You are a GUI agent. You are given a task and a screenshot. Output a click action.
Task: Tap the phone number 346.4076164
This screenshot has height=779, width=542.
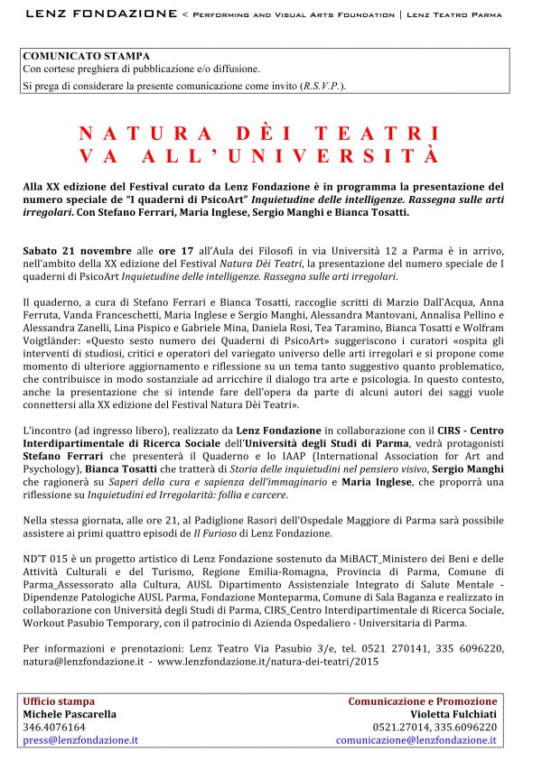coord(54,727)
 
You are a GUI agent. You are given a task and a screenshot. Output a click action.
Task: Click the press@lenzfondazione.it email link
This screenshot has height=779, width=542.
coord(80,740)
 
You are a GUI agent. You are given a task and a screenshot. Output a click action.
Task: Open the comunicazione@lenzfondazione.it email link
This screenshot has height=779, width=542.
coord(416,740)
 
